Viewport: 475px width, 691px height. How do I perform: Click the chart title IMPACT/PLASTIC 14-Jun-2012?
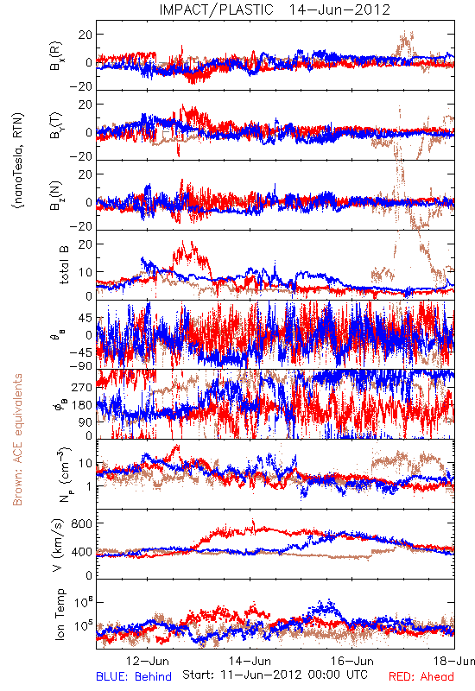click(275, 10)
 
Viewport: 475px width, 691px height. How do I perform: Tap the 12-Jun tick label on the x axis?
click(147, 661)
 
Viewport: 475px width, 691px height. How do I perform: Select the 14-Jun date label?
click(250, 661)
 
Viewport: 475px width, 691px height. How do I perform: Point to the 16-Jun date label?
click(352, 661)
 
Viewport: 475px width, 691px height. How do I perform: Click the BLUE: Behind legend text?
click(134, 676)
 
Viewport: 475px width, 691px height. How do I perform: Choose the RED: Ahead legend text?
click(421, 676)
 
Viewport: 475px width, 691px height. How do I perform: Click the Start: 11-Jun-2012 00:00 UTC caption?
click(275, 675)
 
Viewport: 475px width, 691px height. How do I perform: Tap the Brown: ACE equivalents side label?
click(17, 440)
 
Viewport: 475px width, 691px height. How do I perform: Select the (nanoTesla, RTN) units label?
click(18, 161)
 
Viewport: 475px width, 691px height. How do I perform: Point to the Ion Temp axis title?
click(60, 614)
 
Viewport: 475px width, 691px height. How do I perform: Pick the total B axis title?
click(64, 265)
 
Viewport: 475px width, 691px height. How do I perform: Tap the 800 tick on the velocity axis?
click(82, 523)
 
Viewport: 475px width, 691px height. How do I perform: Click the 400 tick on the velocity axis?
click(82, 552)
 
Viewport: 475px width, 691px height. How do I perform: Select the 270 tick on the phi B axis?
click(82, 387)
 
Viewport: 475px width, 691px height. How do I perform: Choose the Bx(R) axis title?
click(56, 56)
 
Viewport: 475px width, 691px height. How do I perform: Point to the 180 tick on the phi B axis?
click(82, 404)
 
